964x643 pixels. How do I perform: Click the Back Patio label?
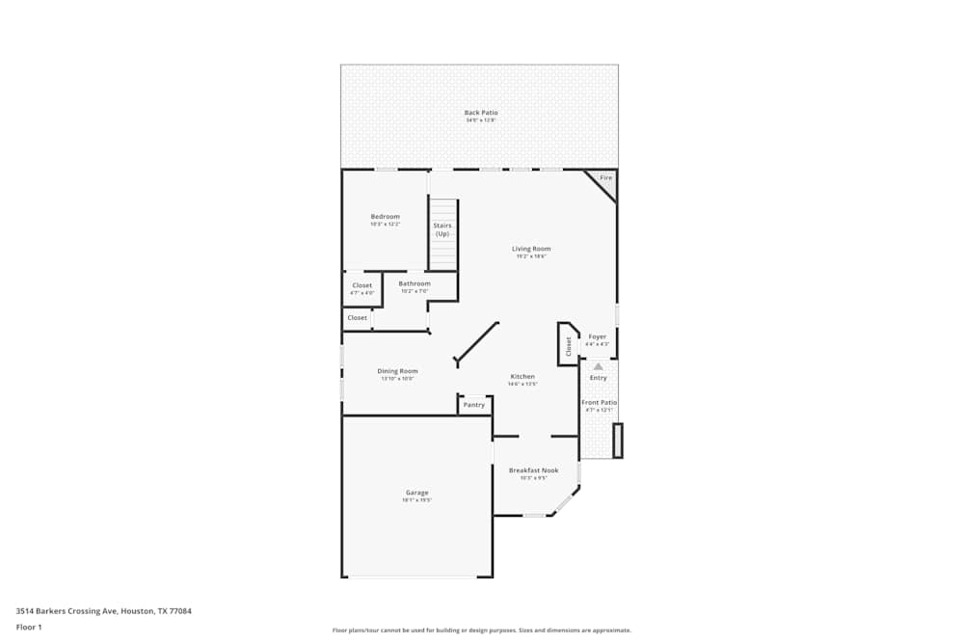click(481, 113)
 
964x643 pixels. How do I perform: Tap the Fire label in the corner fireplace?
click(605, 178)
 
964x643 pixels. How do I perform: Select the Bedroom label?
click(385, 217)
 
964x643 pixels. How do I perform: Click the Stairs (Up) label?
click(442, 229)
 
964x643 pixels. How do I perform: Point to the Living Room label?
click(530, 249)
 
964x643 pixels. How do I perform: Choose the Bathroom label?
click(415, 283)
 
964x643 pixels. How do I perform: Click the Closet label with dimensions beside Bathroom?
click(361, 286)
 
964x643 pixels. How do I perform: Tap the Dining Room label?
click(397, 371)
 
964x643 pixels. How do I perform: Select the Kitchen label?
click(522, 377)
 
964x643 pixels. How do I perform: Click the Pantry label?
click(474, 405)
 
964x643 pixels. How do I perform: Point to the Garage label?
click(416, 493)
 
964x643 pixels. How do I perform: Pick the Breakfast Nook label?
click(533, 470)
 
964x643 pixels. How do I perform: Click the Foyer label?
click(598, 336)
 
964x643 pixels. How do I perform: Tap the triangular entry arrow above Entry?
click(598, 366)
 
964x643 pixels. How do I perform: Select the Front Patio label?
click(599, 402)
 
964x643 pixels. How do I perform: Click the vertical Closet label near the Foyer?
click(568, 346)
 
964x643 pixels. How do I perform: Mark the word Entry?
click(599, 378)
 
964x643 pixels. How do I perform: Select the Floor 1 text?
click(29, 627)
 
